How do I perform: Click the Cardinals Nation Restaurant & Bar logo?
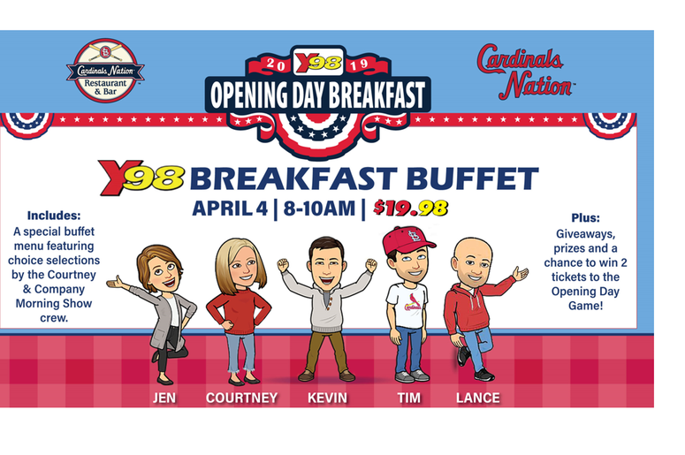(x=105, y=71)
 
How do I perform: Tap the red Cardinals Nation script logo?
(x=524, y=72)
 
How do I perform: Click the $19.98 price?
(x=411, y=209)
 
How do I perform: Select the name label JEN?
(x=164, y=398)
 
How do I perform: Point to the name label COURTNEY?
(x=241, y=398)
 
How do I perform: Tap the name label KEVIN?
(x=327, y=398)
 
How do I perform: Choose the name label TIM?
(x=409, y=398)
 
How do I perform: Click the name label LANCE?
(x=478, y=398)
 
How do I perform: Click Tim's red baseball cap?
(x=407, y=239)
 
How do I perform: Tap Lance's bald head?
(x=473, y=250)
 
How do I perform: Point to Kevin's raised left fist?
(x=371, y=265)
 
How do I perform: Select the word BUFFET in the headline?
(x=473, y=178)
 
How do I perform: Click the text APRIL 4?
(x=229, y=209)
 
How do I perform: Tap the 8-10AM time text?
(x=319, y=209)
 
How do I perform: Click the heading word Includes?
(x=54, y=216)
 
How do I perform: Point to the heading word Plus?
(x=585, y=217)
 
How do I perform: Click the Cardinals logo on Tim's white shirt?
(x=412, y=302)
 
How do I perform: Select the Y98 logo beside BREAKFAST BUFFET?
(x=141, y=177)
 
